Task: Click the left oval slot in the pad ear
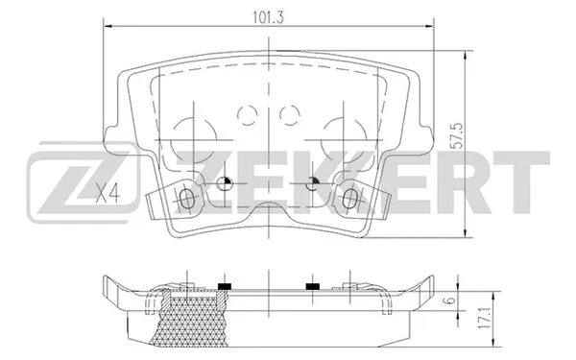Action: point(189,199)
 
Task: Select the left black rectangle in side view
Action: point(226,287)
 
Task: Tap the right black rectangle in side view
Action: point(312,287)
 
